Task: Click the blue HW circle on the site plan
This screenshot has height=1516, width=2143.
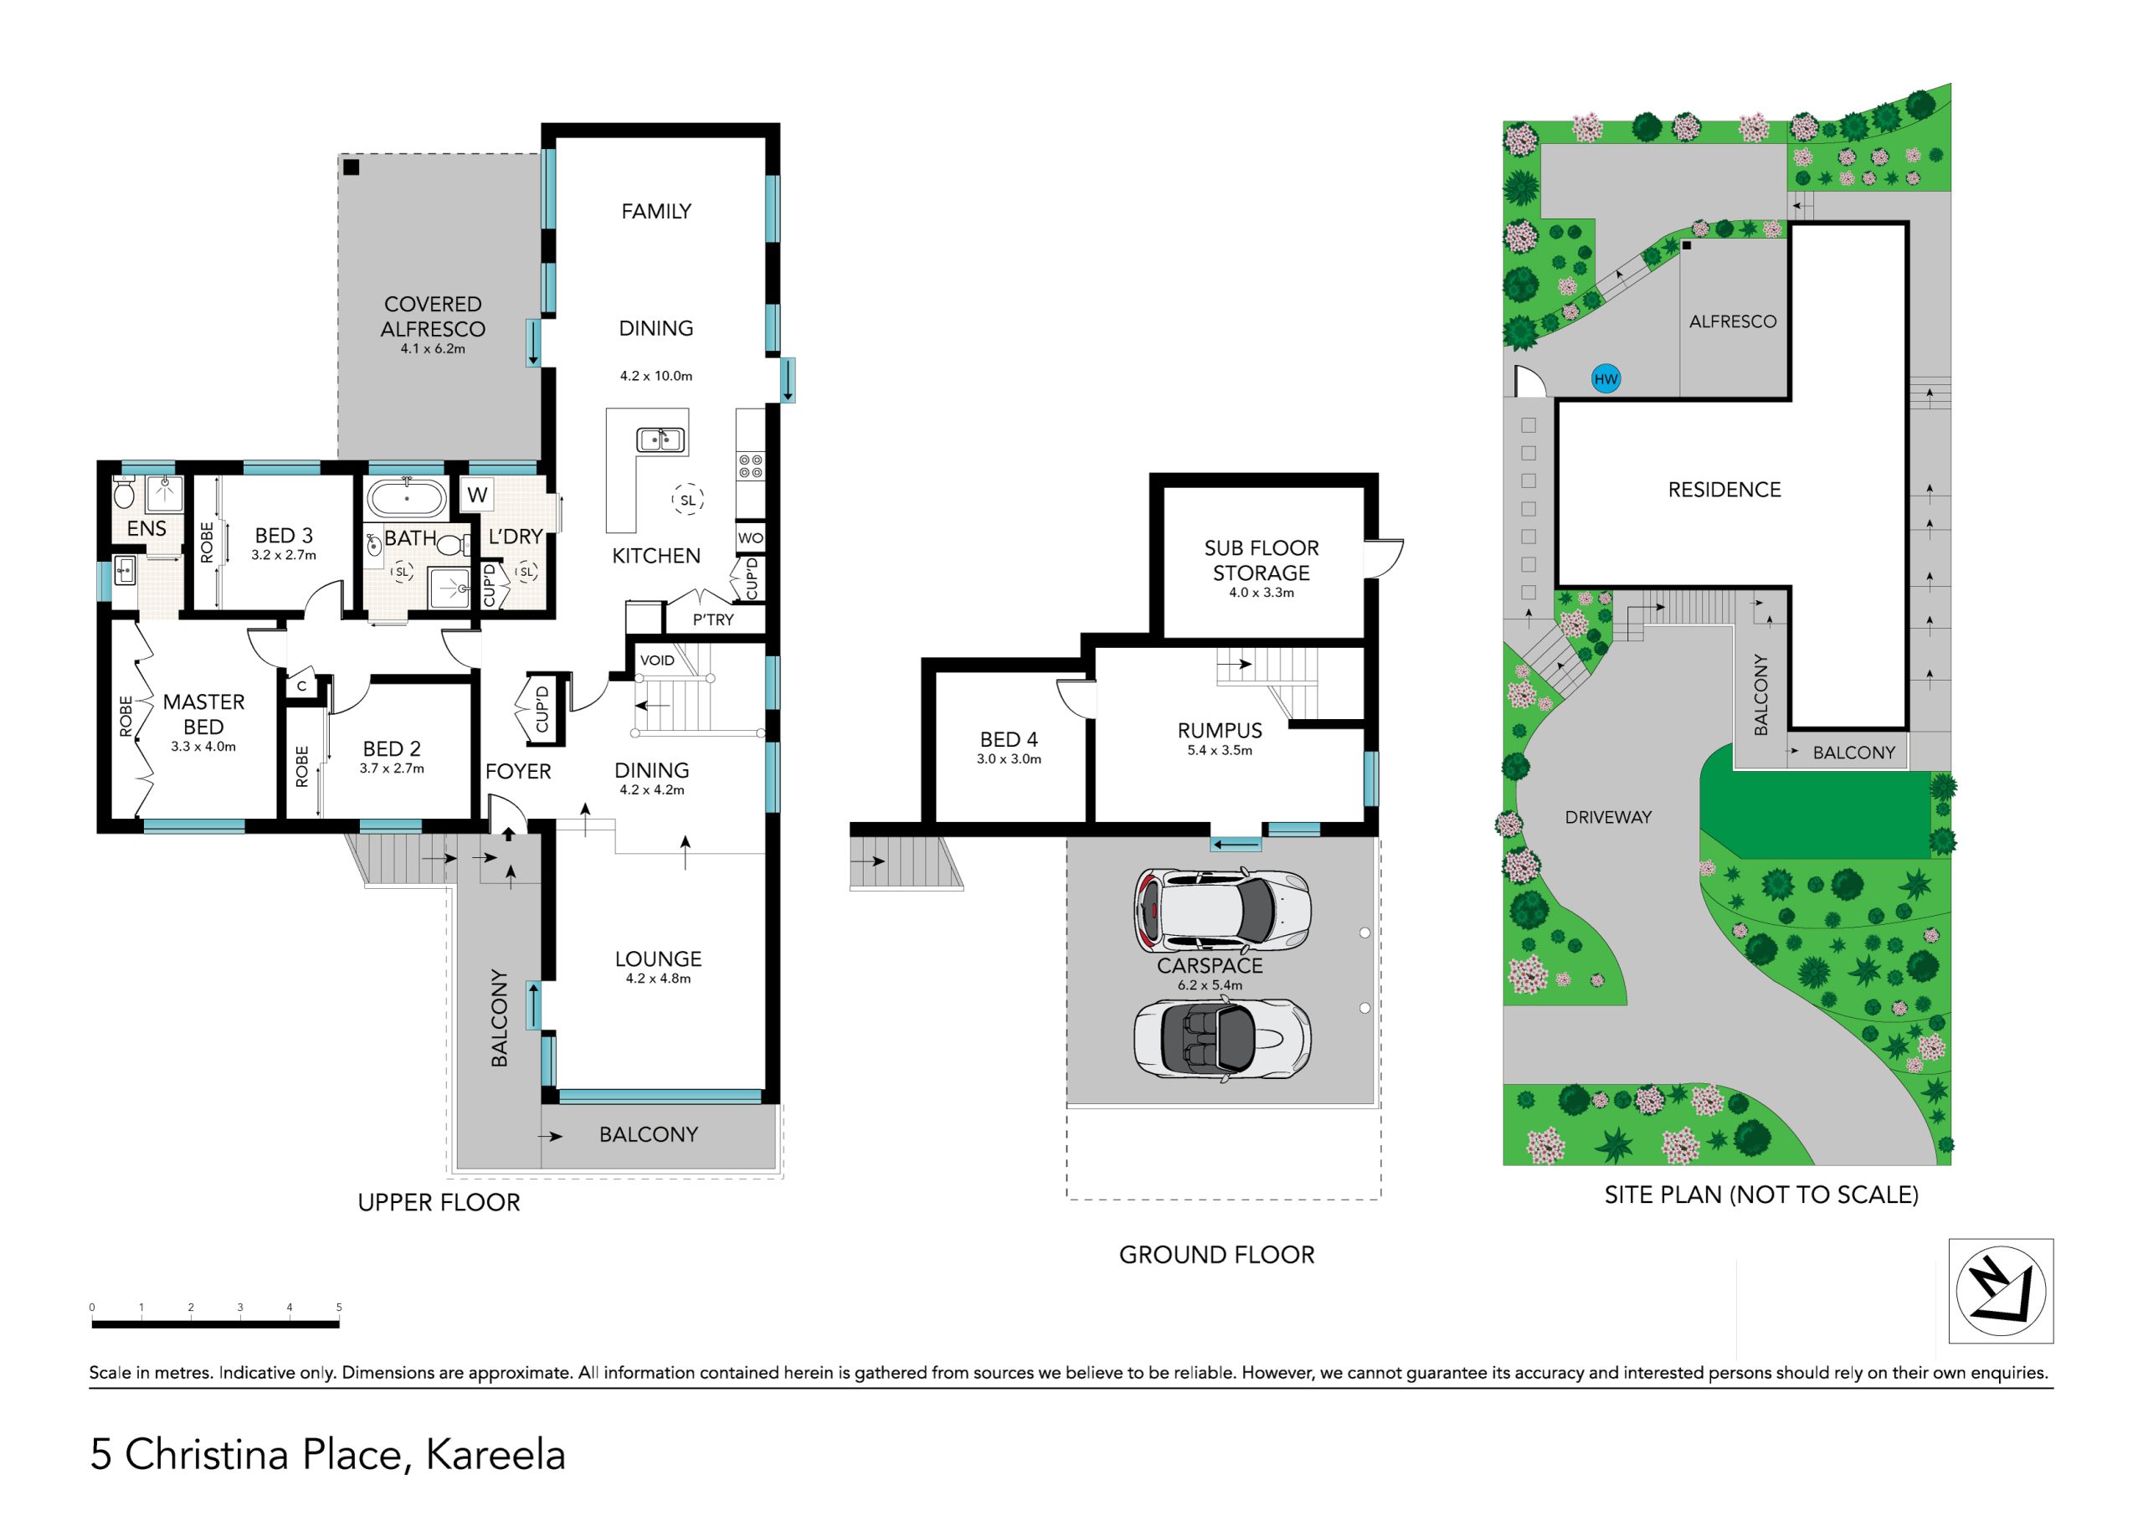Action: pos(1606,379)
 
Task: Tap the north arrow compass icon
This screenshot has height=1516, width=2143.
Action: pos(2000,1291)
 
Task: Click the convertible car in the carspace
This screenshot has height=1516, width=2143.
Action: pos(1222,1040)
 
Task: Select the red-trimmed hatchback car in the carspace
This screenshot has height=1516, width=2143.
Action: pos(1222,910)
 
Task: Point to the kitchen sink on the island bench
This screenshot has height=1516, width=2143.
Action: pos(660,439)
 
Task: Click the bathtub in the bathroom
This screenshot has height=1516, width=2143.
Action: pos(407,500)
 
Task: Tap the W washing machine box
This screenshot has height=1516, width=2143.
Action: pos(477,495)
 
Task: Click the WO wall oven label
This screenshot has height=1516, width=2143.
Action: pos(750,537)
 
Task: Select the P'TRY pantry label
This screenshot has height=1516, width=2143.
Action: pos(713,619)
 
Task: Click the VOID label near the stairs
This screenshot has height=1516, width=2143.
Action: pos(657,660)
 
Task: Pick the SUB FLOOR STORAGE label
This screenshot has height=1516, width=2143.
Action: pos(1261,560)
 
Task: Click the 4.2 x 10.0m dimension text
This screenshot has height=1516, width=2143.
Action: pos(656,376)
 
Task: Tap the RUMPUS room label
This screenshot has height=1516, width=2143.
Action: pos(1220,731)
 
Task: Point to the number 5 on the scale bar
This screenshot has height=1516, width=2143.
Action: pos(339,1307)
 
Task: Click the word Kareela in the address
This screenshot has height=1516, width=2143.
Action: pos(496,1454)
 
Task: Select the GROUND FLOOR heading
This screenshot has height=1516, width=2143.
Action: pos(1216,1255)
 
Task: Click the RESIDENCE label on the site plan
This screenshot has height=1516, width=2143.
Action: pos(1724,489)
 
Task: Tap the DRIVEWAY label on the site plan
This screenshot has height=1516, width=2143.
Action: pos(1608,817)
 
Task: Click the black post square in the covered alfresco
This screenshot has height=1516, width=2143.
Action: pos(351,168)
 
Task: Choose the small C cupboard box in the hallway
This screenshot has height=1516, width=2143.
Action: pos(301,687)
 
